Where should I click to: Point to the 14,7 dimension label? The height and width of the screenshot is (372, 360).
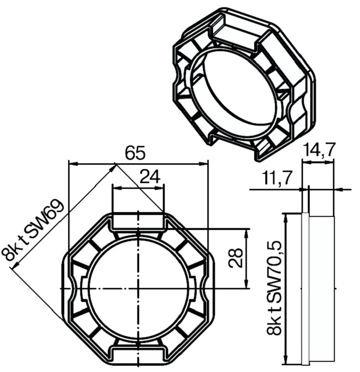(318, 150)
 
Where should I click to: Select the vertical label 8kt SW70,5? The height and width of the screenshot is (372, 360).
(274, 289)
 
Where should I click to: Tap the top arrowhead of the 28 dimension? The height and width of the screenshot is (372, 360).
(247, 232)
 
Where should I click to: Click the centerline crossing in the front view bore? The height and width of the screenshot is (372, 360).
(138, 288)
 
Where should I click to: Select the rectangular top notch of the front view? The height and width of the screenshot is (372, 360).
(138, 221)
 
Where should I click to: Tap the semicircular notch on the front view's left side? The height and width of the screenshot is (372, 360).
(72, 288)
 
